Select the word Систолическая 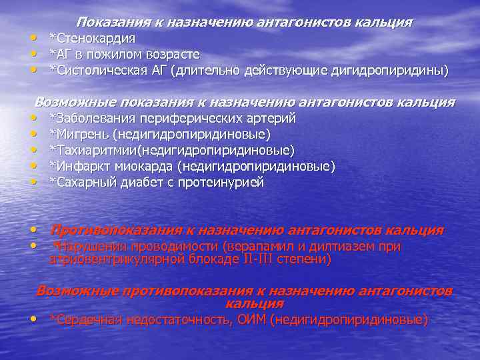pos(94,70)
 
